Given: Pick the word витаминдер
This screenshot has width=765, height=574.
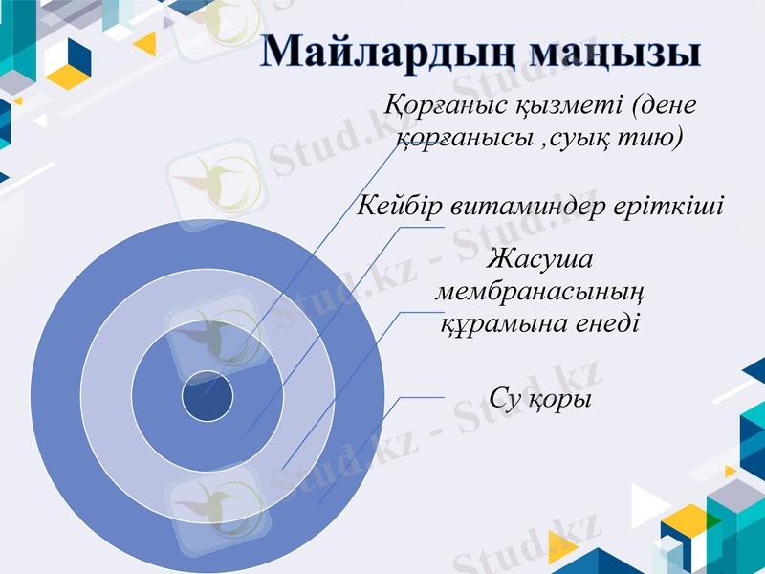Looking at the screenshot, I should click(x=528, y=206).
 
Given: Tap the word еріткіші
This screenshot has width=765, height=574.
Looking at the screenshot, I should click(x=669, y=206).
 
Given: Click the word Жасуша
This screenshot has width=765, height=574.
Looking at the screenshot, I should click(x=540, y=259).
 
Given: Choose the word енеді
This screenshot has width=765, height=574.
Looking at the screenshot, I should click(x=598, y=323).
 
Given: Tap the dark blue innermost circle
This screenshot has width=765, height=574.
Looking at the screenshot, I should click(x=208, y=395).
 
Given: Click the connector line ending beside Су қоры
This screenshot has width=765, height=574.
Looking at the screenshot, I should click(x=421, y=397).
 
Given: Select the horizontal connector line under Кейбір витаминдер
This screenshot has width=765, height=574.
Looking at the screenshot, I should click(x=421, y=227).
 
